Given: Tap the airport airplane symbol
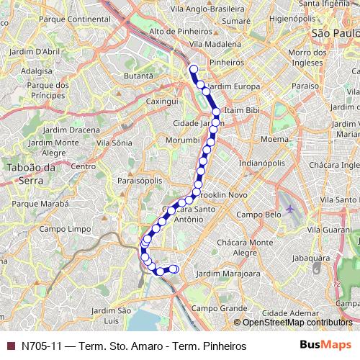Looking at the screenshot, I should [290, 210].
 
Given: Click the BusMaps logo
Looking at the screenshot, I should [325, 346].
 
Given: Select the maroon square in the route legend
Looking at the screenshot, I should [9, 346].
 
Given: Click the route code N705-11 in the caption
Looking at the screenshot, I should [40, 346].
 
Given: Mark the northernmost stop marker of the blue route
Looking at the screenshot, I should [193, 69].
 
